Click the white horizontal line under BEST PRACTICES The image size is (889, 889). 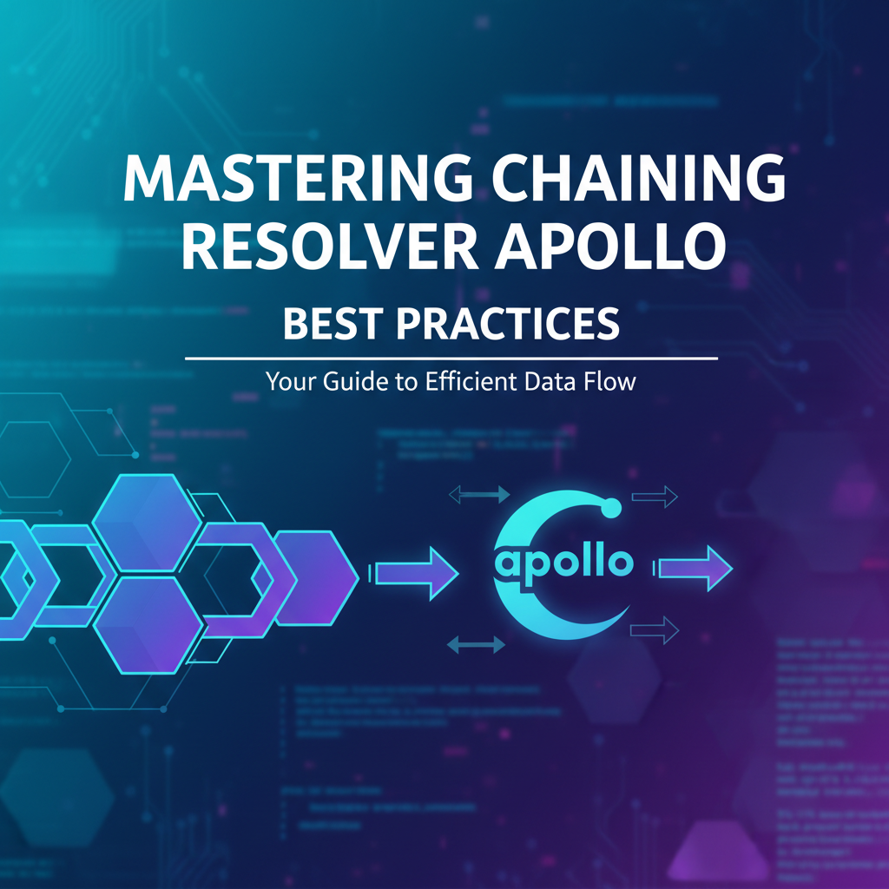pos(451,358)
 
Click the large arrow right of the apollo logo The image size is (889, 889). pos(695,570)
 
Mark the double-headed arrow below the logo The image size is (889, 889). pos(475,644)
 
